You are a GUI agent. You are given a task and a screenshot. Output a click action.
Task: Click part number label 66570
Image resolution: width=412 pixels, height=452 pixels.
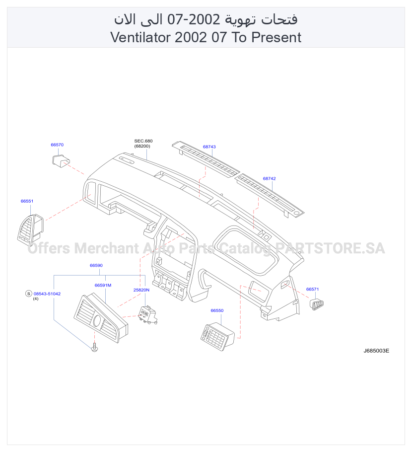pyautogui.click(x=57, y=145)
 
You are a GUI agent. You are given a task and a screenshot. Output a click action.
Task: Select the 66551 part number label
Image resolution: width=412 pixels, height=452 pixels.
pyautogui.click(x=27, y=201)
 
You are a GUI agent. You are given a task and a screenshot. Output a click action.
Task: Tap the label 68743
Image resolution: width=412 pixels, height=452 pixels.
pyautogui.click(x=209, y=147)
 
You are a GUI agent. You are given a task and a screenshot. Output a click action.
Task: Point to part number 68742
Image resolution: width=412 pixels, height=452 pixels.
pyautogui.click(x=269, y=178)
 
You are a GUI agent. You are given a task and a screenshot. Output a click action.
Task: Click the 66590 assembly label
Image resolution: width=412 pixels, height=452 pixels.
pyautogui.click(x=96, y=265)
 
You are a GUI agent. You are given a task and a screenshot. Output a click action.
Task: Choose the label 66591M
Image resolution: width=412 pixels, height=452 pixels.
pyautogui.click(x=103, y=285)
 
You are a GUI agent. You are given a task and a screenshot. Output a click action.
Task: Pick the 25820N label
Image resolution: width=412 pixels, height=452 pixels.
pyautogui.click(x=141, y=290)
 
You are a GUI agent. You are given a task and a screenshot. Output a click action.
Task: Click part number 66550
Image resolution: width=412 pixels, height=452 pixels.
pyautogui.click(x=217, y=310)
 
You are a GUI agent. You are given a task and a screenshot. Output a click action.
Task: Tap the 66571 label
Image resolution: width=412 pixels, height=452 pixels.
pyautogui.click(x=312, y=289)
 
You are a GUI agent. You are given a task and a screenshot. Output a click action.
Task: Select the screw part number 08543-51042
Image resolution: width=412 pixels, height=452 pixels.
pyautogui.click(x=47, y=294)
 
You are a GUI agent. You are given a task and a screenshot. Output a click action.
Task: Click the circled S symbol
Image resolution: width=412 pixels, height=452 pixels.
pyautogui.click(x=28, y=294)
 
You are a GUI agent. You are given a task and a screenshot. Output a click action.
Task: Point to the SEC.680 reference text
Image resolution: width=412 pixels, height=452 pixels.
pyautogui.click(x=143, y=141)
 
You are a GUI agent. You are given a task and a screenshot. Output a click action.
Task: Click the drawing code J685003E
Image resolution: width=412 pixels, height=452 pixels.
pyautogui.click(x=376, y=351)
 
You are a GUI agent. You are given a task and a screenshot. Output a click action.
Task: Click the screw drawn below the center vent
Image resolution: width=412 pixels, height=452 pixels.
pyautogui.click(x=94, y=348)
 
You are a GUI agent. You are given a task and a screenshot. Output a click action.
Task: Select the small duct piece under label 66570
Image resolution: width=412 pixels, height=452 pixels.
pyautogui.click(x=61, y=160)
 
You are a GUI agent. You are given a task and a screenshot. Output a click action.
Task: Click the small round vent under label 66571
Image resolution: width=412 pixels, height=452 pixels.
pyautogui.click(x=317, y=304)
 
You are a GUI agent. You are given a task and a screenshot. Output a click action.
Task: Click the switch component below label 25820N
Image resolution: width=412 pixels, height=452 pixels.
pyautogui.click(x=148, y=315)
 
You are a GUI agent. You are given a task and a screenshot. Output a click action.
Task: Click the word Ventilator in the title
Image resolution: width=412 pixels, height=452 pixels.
pyautogui.click(x=140, y=37)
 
